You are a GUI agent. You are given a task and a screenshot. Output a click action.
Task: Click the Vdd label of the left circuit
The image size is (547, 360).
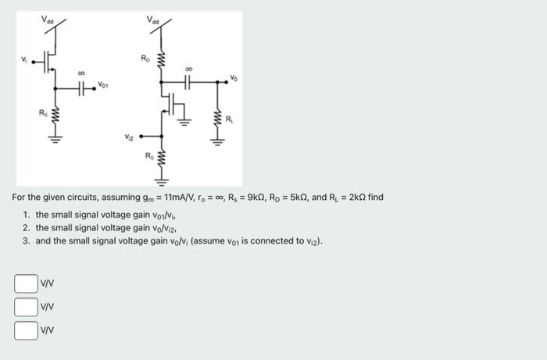pyautogui.click(x=48, y=19)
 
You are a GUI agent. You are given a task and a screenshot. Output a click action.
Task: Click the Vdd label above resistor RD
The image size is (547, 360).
pyautogui.click(x=154, y=19)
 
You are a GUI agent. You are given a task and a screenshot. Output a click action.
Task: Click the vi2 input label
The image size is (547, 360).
pyautogui.click(x=128, y=138)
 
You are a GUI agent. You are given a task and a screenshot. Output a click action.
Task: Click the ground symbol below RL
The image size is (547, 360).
pyautogui.click(x=216, y=142)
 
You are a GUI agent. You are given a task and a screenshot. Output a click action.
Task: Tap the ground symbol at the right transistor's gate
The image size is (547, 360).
pyautogui.click(x=185, y=121)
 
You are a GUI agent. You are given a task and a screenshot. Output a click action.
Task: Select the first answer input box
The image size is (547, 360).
pyautogui.click(x=26, y=283)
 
